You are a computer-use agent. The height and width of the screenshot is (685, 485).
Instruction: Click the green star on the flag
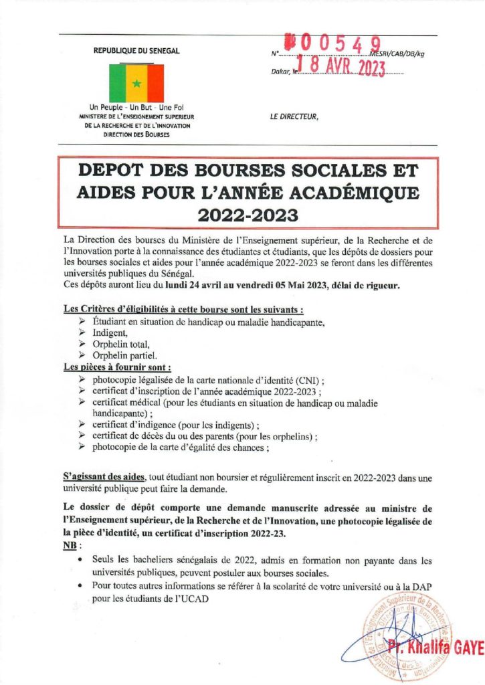coord(136,84)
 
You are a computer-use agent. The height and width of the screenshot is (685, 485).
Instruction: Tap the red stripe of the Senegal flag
coord(155,83)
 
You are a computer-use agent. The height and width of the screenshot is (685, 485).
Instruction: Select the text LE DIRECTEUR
coord(294,116)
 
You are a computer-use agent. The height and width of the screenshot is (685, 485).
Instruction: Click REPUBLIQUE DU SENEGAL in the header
coord(136,51)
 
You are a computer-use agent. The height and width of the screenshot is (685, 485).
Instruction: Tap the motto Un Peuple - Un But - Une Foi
coord(136,108)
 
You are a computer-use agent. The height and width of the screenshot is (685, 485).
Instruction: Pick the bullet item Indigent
coord(109,332)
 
